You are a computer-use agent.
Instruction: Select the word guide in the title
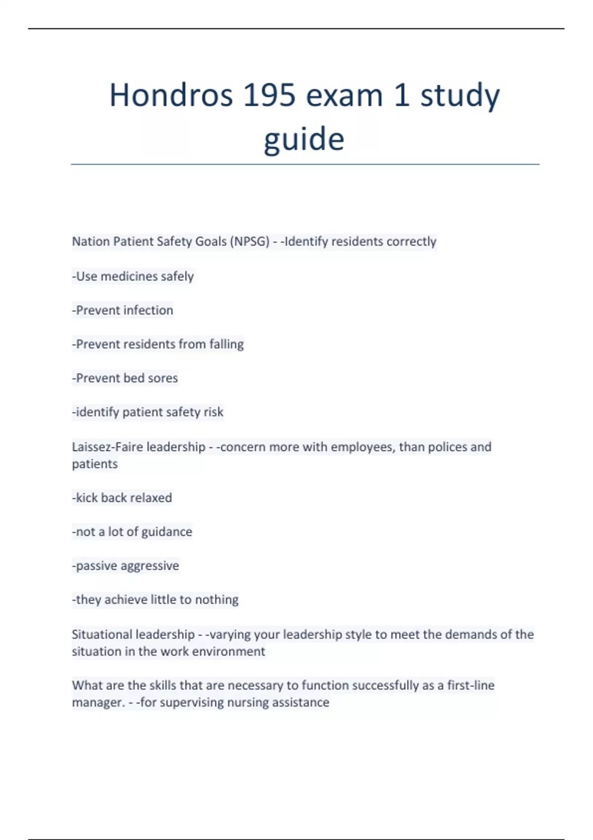tap(304, 139)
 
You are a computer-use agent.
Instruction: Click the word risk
tap(213, 412)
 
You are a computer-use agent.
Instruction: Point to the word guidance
tap(167, 532)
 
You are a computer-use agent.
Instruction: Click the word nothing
tap(217, 600)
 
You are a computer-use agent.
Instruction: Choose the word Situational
tap(101, 634)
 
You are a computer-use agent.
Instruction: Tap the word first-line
tap(470, 685)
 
